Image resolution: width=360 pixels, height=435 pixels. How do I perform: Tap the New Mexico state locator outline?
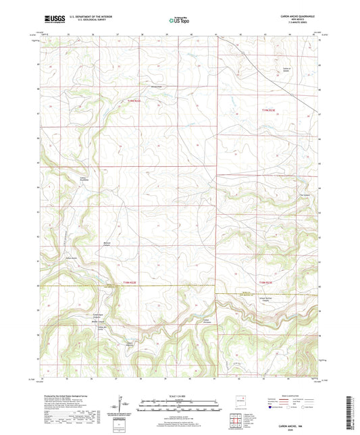(238, 403)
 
